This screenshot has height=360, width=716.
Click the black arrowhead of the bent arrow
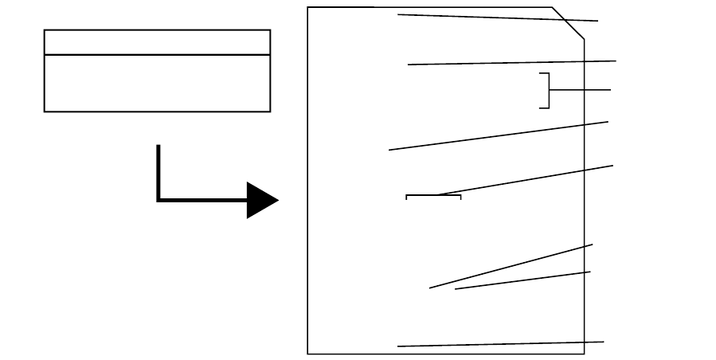tap(260, 200)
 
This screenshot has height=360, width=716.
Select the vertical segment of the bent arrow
tap(158, 171)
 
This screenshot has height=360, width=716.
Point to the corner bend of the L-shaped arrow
tap(159, 200)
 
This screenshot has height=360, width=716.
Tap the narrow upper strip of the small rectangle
tap(157, 42)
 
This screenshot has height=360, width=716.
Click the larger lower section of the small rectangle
tap(157, 83)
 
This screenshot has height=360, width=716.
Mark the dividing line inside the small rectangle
tap(157, 55)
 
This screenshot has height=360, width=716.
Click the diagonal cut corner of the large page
tap(569, 23)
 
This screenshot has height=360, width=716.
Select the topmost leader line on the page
tap(498, 18)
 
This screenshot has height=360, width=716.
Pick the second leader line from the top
tap(511, 62)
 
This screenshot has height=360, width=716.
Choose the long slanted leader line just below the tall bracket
tap(499, 135)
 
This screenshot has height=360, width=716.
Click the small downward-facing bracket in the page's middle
tap(433, 196)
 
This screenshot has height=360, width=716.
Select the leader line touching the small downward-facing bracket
tap(526, 180)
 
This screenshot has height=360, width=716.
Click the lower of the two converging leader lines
tap(522, 280)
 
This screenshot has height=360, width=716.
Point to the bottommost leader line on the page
tap(500, 344)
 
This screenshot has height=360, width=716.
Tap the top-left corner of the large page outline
tap(308, 8)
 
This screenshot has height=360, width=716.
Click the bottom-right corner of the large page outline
tap(584, 353)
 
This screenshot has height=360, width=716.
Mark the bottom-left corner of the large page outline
tap(308, 353)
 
